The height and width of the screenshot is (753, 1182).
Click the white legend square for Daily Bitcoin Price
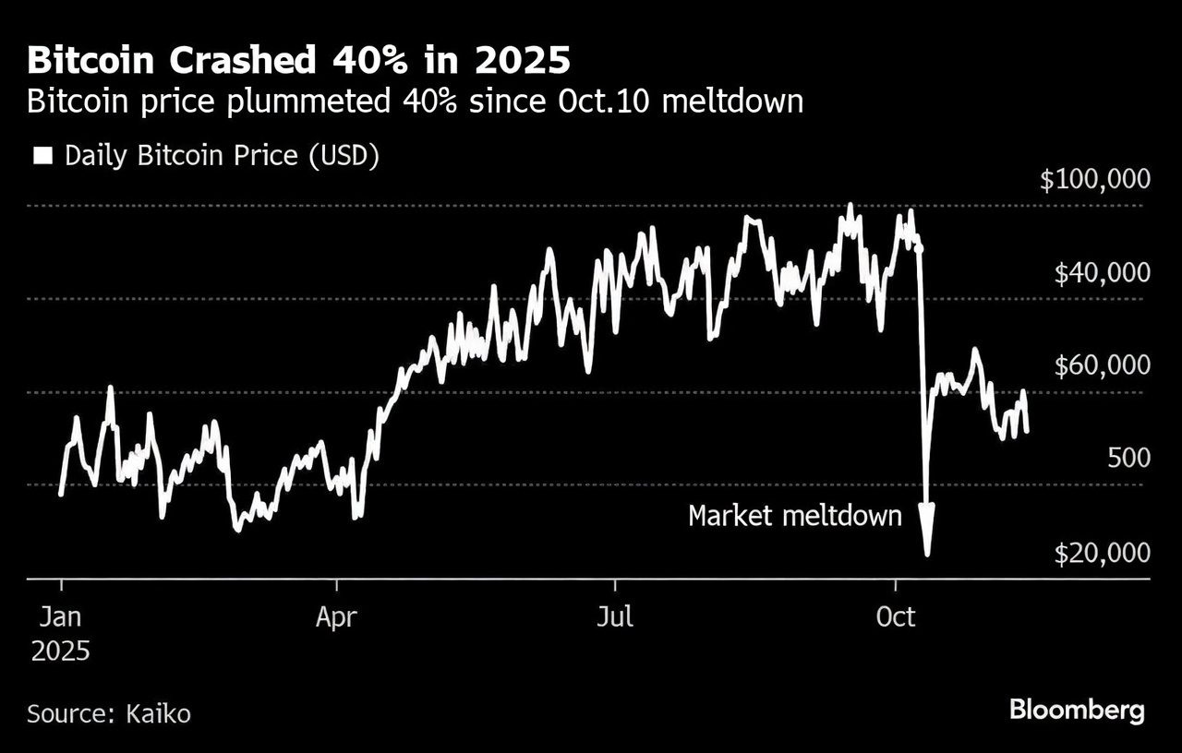[x=42, y=155]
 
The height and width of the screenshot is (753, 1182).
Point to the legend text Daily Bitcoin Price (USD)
[x=222, y=155]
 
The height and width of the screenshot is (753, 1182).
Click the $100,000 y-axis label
[x=1095, y=179]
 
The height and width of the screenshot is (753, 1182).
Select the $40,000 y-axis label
[x=1102, y=273]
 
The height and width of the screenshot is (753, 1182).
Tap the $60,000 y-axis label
[x=1102, y=366]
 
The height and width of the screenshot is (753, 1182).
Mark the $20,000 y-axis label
[x=1102, y=553]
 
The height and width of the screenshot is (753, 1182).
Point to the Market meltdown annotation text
[x=794, y=515]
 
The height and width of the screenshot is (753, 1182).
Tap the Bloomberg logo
[x=1077, y=711]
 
